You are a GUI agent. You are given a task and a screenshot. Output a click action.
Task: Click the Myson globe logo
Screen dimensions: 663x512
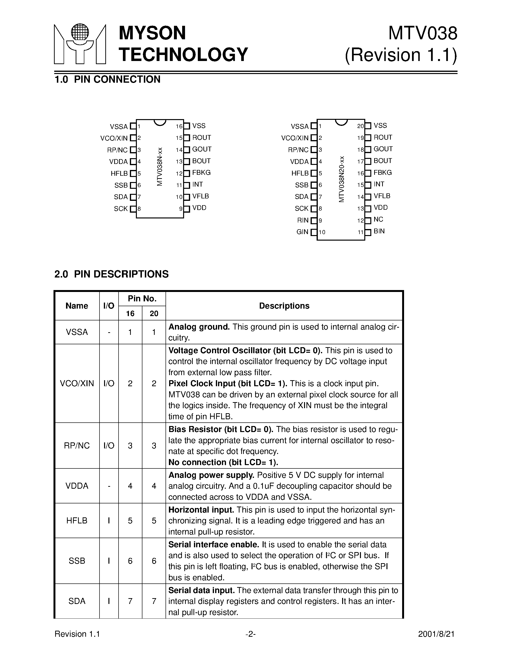pos(80,44)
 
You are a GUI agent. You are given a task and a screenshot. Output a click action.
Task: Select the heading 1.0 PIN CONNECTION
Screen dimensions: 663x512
pos(107,80)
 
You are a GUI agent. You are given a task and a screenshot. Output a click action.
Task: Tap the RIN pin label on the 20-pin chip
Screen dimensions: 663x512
pos(303,220)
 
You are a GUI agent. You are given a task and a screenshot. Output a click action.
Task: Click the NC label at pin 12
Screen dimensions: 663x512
pos(378,219)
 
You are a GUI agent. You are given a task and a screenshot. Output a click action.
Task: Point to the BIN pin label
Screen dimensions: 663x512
pos(379,231)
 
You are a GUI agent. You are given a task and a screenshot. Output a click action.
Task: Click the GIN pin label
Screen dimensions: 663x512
pos(302,232)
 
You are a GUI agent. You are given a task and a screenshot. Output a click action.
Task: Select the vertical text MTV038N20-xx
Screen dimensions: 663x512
pos(342,179)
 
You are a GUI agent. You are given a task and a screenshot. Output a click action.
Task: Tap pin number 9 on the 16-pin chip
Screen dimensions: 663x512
pos(180,209)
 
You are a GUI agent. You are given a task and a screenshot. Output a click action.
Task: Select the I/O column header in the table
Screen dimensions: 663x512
pos(109,306)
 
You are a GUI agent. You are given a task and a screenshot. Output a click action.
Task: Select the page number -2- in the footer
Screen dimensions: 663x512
pos(250,634)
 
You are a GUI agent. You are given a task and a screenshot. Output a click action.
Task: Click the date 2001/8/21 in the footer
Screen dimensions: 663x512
pos(436,634)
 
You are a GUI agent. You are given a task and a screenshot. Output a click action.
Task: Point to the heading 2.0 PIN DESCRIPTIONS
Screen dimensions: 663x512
pos(111,274)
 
